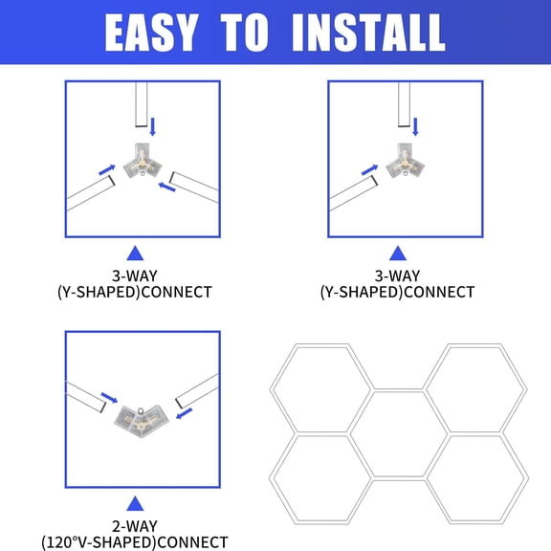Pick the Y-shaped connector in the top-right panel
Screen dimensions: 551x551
pyautogui.click(x=405, y=158)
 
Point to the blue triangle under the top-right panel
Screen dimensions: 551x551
pyautogui.click(x=397, y=253)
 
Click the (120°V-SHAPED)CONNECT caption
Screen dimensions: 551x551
pyautogui.click(x=135, y=542)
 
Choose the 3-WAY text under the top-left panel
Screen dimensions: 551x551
pyautogui.click(x=135, y=274)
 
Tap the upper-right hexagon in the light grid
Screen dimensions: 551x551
pyautogui.click(x=475, y=387)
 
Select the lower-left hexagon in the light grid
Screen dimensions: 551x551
pyautogui.click(x=321, y=477)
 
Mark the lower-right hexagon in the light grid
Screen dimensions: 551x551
pyautogui.click(x=475, y=477)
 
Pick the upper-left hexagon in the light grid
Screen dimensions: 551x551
pyautogui.click(x=321, y=387)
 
